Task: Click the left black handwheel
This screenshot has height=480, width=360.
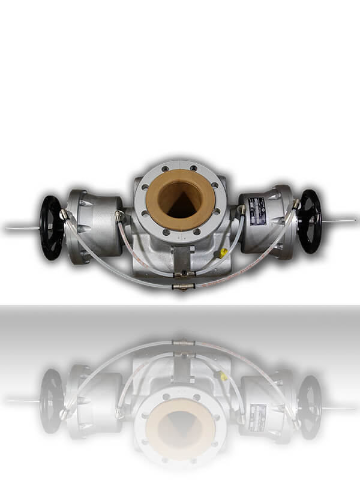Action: coord(52,227)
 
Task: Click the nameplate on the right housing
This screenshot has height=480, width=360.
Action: coord(257,211)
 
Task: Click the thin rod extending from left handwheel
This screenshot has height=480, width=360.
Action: coord(21,227)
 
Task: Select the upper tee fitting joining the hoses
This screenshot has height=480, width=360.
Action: coord(182,274)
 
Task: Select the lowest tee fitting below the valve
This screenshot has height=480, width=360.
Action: coord(182,287)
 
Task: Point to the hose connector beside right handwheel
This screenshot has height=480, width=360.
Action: coord(296,204)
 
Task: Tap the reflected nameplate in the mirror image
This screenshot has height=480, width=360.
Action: coord(257,416)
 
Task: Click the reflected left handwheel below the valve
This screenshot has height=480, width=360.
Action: coord(52,400)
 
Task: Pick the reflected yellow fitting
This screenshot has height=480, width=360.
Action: coord(223,376)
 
